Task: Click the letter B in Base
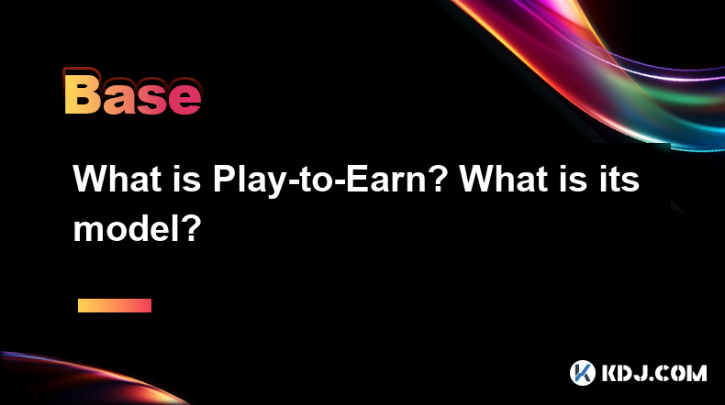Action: [x=83, y=94]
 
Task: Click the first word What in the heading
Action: [x=117, y=180]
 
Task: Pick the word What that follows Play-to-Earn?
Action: [x=504, y=180]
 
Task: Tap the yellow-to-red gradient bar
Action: [x=115, y=306]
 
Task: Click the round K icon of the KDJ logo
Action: [x=583, y=373]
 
